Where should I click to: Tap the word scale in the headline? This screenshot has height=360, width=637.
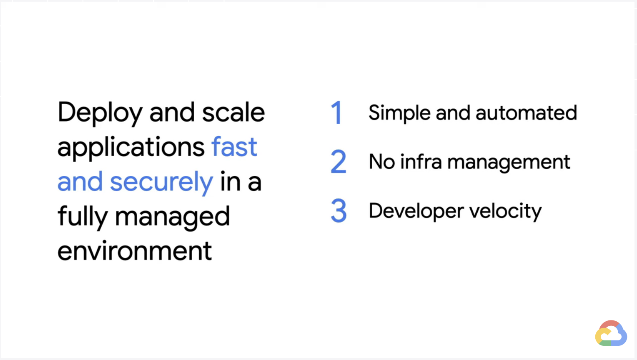coord(233,112)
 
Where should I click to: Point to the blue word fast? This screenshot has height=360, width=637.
coord(234,146)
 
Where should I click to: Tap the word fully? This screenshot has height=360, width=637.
coord(83,218)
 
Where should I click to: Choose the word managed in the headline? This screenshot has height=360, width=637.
coord(172,218)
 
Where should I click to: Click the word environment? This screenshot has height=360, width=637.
coord(135,250)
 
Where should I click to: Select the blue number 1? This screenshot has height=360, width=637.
coord(337,112)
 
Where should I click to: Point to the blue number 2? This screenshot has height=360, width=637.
coord(339,161)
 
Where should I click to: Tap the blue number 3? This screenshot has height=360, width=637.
coord(339,210)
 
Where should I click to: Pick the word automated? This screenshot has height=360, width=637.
coord(527,113)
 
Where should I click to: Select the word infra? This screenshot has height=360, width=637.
coord(421,161)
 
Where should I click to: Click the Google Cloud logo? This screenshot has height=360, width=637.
coord(611,333)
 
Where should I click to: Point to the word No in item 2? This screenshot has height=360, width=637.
coord(381,162)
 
